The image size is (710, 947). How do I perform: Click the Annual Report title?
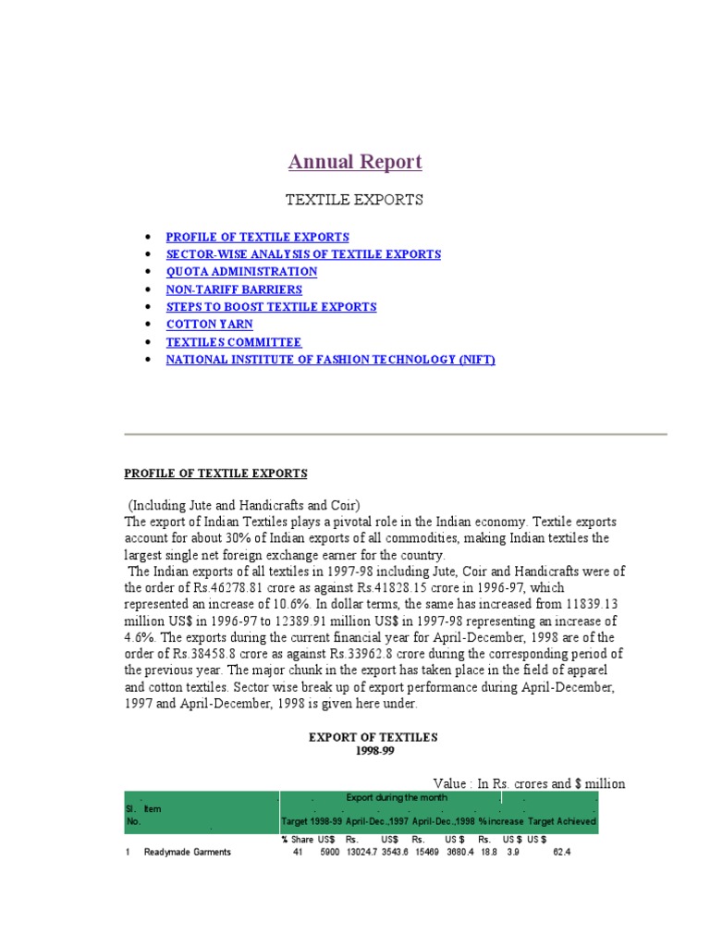click(x=355, y=162)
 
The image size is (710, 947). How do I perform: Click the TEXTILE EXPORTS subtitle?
click(x=355, y=200)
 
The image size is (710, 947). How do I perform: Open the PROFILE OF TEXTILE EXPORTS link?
click(x=257, y=237)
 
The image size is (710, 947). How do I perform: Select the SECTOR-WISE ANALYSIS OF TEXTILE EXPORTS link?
click(x=303, y=254)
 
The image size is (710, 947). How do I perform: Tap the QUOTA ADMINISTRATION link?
click(x=241, y=272)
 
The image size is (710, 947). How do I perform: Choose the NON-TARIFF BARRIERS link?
click(x=234, y=289)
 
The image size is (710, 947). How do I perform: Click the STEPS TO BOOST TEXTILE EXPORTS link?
click(x=271, y=307)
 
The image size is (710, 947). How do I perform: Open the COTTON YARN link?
click(x=209, y=325)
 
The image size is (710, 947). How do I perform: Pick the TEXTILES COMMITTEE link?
click(x=234, y=342)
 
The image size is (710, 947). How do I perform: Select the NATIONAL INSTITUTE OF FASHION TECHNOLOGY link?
click(x=330, y=360)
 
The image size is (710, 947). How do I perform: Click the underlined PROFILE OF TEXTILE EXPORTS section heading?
click(x=215, y=473)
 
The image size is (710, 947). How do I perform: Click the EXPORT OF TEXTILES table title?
click(x=373, y=737)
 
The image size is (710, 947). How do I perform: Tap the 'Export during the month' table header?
click(x=397, y=797)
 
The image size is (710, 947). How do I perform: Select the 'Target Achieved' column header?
click(x=562, y=821)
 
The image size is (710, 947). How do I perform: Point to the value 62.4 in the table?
click(x=562, y=852)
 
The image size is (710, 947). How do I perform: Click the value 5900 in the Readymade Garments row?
click(x=329, y=852)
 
